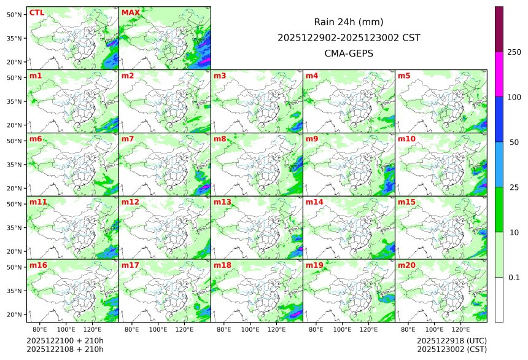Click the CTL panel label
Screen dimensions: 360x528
click(37, 13)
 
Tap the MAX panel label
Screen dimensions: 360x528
click(131, 13)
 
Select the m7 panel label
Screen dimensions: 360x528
click(128, 139)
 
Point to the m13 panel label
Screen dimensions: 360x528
click(222, 202)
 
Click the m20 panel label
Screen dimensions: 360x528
click(406, 265)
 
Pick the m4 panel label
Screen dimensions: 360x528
click(312, 76)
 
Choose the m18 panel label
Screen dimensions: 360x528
click(222, 265)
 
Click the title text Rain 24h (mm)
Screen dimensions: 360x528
click(349, 22)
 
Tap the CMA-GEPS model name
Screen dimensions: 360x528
click(349, 53)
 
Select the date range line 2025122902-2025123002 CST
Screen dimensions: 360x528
click(349, 38)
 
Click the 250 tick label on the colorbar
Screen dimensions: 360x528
click(514, 52)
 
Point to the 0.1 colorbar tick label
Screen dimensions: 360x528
click(514, 278)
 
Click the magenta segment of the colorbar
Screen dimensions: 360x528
click(499, 74)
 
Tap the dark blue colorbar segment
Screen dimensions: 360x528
click(499, 119)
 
